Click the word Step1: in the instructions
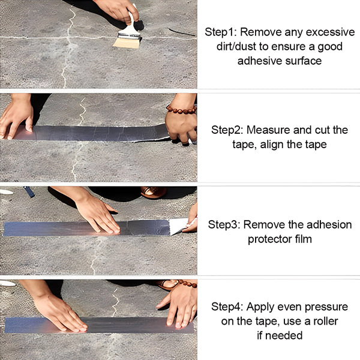point(221,32)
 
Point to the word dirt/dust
point(236,46)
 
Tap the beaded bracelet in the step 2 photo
point(181,110)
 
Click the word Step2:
point(227,130)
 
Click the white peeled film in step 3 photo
point(180,226)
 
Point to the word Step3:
point(224,225)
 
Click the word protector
point(270,239)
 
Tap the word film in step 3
point(304,239)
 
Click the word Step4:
point(227,307)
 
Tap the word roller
point(325,321)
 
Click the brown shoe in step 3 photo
point(154,192)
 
